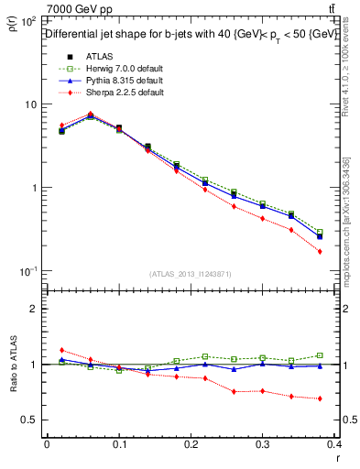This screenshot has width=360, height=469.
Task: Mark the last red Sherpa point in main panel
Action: pos(319,251)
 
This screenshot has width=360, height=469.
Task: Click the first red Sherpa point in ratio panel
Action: pos(61,350)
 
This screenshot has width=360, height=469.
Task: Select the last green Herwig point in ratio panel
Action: pos(319,355)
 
